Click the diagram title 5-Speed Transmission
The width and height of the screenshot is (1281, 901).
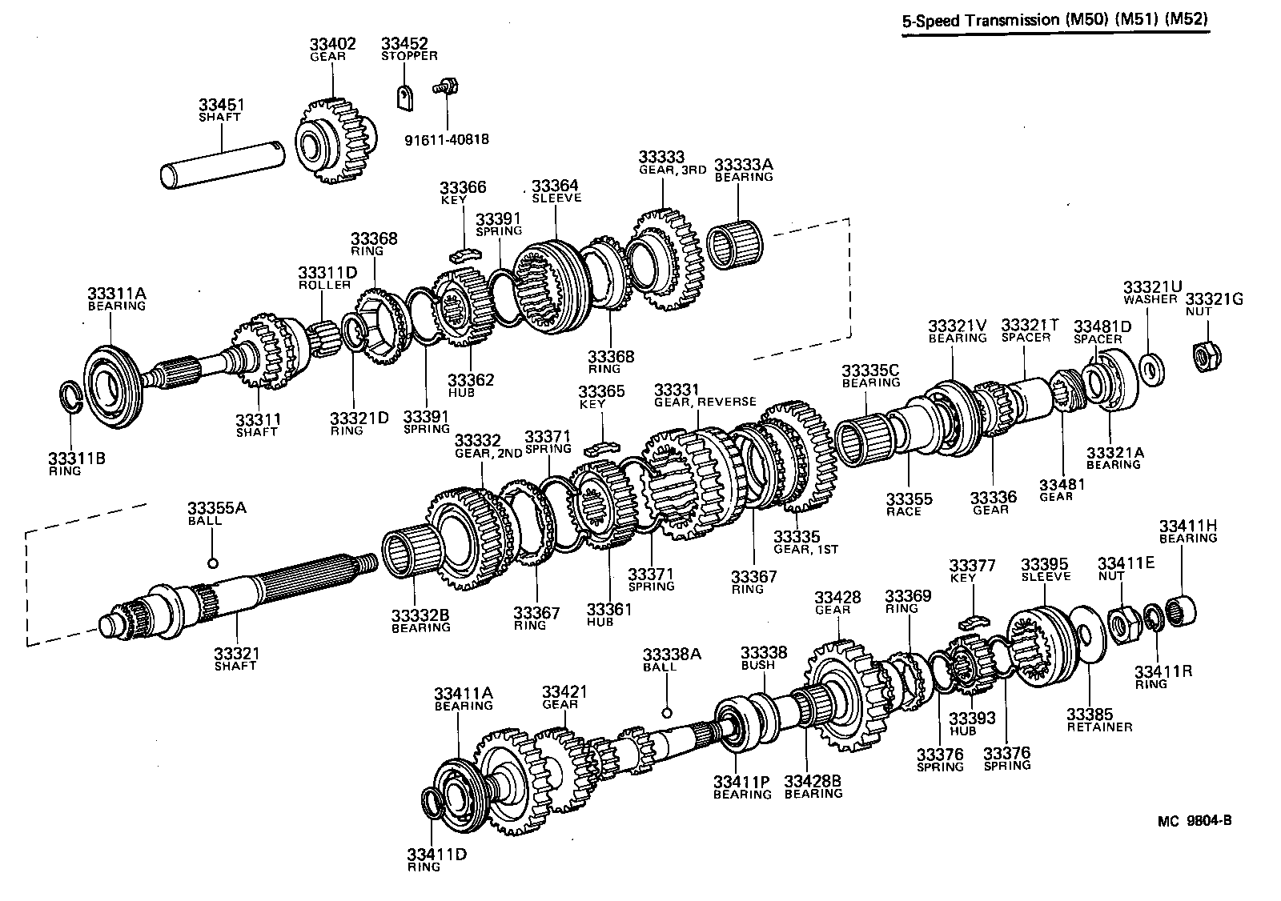(x=1054, y=22)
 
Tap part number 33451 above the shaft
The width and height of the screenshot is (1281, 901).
(x=221, y=106)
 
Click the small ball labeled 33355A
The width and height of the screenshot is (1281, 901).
(x=212, y=563)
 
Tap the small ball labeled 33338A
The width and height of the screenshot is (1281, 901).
(x=665, y=711)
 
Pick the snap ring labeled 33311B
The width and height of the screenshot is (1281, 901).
(x=73, y=397)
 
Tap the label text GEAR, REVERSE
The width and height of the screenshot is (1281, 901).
(x=705, y=402)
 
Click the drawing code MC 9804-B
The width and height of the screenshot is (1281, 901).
(x=1193, y=820)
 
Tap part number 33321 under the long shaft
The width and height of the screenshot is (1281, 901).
(x=236, y=654)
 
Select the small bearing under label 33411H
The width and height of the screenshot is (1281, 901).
(x=1183, y=610)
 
